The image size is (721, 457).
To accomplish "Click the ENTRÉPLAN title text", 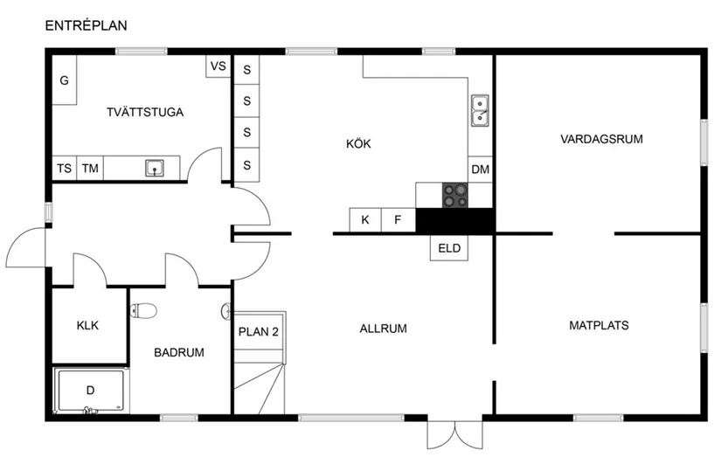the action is [86, 25].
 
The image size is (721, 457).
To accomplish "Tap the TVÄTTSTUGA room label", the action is [145, 112].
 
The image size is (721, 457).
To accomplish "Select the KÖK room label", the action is [358, 144].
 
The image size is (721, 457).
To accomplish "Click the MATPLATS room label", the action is [599, 325].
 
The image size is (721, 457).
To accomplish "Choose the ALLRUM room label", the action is [384, 329].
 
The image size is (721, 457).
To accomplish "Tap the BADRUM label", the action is [178, 353].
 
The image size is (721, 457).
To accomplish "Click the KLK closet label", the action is [87, 326].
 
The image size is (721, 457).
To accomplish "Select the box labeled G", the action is [64, 80].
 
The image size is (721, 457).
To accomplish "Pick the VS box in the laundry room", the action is [218, 66].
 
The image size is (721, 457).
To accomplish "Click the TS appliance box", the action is [64, 169].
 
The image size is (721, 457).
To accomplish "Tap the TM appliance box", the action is [90, 169].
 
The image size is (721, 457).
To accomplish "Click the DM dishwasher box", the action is [480, 170].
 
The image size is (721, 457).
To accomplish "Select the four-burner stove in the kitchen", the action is [454, 195].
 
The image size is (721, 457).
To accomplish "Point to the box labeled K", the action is [365, 220].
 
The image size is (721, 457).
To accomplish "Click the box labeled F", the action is [399, 220].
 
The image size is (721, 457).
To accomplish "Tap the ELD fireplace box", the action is [449, 248].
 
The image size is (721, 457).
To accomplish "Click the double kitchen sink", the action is [480, 110].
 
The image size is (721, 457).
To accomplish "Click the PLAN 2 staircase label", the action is [258, 332].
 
